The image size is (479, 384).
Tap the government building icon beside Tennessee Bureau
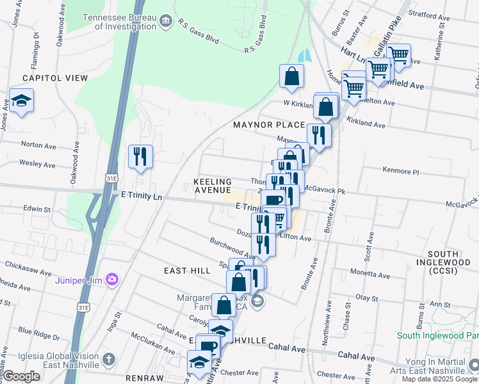tap(166, 21)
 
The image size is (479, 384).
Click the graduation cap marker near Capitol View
tap(21, 101)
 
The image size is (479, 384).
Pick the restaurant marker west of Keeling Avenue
tap(140, 157)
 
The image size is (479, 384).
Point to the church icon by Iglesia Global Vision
tap(109, 358)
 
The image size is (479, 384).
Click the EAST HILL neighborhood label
tap(187, 271)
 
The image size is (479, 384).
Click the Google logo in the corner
tap(22, 376)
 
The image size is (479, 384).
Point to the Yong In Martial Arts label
tap(433, 365)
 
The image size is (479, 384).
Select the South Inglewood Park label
tap(437, 335)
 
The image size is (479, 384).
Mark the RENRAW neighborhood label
tap(144, 378)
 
